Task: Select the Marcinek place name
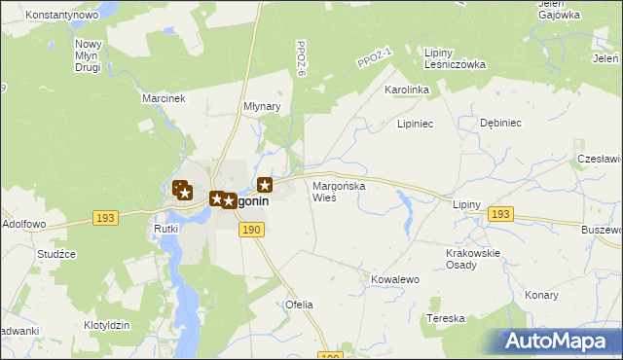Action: [163, 99]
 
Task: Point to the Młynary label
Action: [261, 107]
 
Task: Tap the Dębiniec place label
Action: [501, 124]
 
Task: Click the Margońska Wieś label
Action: [337, 191]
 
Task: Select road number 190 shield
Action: [251, 229]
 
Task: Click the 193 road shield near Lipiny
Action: [500, 214]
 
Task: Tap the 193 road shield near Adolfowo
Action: [106, 218]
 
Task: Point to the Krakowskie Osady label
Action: [472, 259]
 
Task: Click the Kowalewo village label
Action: [394, 279]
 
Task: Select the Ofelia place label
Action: [299, 305]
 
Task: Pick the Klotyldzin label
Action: [107, 323]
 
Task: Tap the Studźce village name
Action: [57, 254]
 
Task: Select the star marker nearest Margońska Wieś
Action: [265, 184]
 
